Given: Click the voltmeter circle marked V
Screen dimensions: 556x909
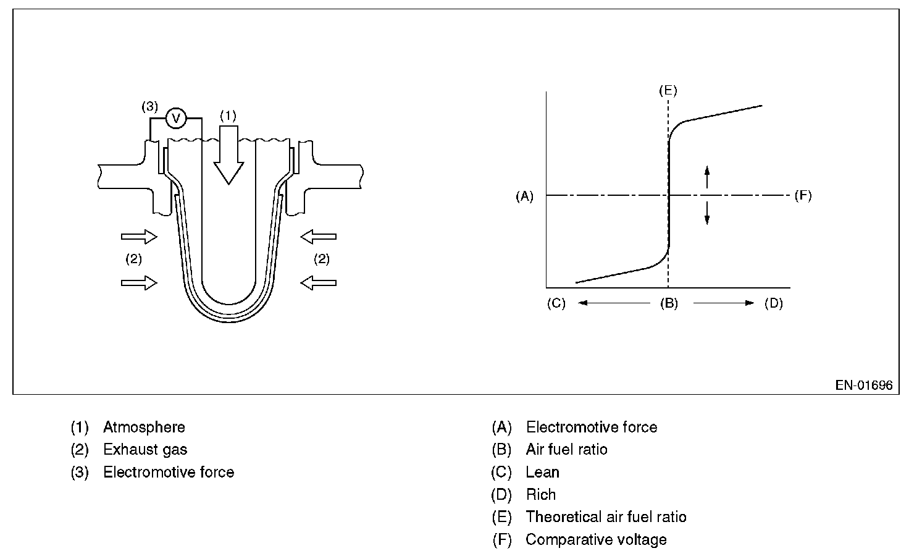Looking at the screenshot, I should (176, 118).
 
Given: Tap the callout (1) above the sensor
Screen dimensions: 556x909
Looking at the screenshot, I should (228, 116).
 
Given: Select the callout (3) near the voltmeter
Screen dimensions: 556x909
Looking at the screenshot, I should (150, 106).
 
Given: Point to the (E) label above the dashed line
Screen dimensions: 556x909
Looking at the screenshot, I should (668, 91).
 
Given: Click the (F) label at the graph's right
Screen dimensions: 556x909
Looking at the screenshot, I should (803, 196).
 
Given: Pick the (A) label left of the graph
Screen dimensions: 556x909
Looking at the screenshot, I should (524, 196).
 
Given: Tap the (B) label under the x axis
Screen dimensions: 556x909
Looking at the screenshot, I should (668, 303).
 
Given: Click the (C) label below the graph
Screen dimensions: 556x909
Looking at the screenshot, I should (556, 303).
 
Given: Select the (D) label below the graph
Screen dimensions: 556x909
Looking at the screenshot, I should (773, 303).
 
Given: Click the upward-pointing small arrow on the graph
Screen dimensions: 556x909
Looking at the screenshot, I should (707, 176).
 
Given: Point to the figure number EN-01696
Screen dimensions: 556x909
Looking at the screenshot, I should (864, 385).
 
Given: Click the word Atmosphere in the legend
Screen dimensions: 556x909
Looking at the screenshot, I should (144, 427).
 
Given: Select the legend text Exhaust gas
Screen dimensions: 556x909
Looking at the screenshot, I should (145, 450).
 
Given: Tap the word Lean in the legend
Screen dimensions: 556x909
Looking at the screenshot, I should (542, 472).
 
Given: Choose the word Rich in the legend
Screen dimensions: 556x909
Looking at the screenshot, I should (541, 495).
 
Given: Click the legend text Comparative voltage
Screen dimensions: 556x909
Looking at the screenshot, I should (596, 539).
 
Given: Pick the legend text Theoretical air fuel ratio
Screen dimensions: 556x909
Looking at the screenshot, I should (606, 517).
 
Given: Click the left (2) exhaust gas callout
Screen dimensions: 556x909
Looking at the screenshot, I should (133, 259).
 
